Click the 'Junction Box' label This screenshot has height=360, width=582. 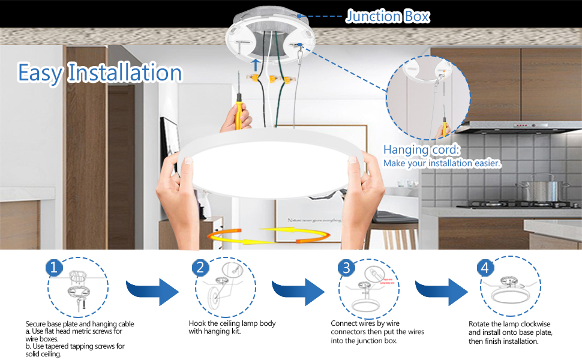(x=388, y=16)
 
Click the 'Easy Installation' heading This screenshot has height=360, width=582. (x=100, y=73)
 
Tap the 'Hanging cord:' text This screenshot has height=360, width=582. (x=422, y=149)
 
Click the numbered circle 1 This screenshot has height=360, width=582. (x=54, y=268)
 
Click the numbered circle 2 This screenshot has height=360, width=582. (x=201, y=268)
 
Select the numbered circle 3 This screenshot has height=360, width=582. (x=346, y=268)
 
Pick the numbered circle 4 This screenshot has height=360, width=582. (x=485, y=268)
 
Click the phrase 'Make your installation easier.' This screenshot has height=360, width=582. (x=442, y=163)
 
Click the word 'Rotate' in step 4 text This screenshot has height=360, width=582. (x=480, y=324)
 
